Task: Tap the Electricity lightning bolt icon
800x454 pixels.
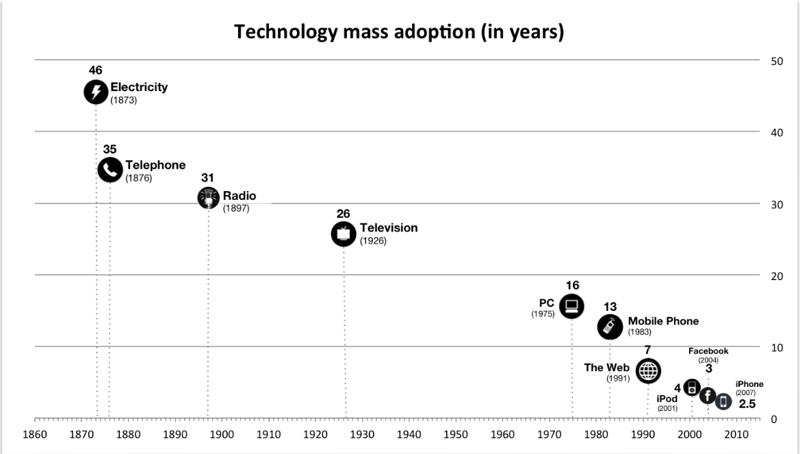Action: pos(96,92)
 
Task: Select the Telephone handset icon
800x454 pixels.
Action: pos(110,170)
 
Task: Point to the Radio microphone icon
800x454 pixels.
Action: pos(208,198)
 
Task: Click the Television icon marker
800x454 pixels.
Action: pos(343,234)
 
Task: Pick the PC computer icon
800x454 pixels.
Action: pos(571,306)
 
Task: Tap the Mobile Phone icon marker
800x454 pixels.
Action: pos(609,327)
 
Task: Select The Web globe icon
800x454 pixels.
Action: pos(648,371)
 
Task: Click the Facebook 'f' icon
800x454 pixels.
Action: pos(707,396)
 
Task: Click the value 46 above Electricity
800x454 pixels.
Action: pos(96,71)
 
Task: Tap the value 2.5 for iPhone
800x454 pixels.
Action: pos(747,405)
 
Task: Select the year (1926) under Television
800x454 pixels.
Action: pos(373,241)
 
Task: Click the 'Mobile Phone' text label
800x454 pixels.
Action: pos(663,321)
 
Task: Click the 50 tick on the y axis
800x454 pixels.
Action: pos(776,61)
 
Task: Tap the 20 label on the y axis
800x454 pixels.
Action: pos(776,276)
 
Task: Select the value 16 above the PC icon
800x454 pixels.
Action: pos(572,286)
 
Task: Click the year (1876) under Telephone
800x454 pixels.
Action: pos(138,178)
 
